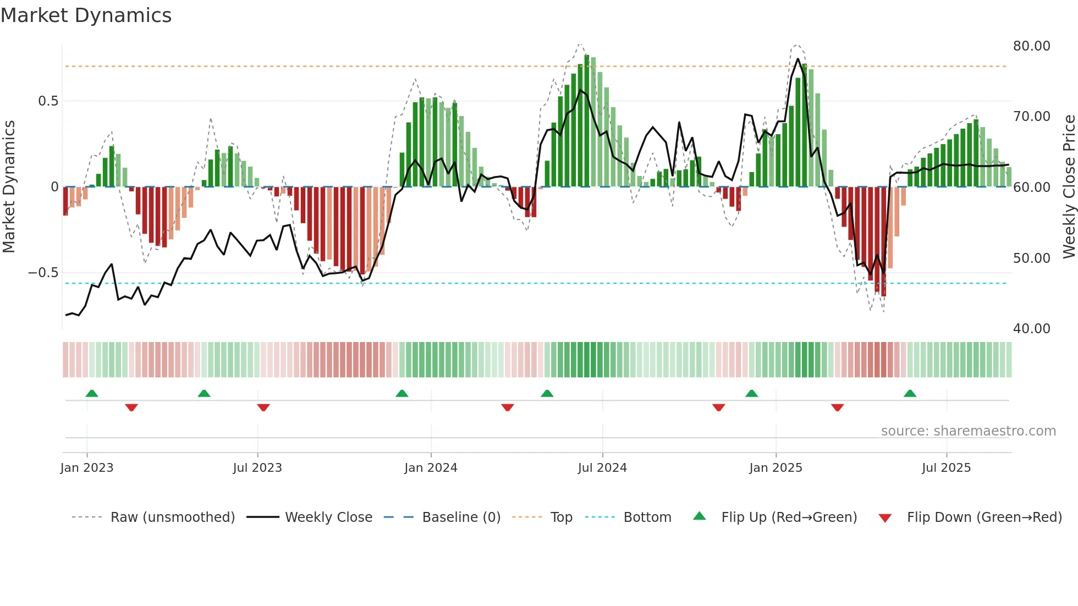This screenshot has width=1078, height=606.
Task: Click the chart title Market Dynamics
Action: (x=86, y=15)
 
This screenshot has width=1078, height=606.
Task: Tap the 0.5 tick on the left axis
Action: (x=48, y=101)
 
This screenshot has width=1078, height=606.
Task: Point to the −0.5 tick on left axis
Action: (x=43, y=273)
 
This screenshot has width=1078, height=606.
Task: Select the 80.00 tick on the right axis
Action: (x=1031, y=46)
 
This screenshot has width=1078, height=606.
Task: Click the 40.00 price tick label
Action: (x=1031, y=329)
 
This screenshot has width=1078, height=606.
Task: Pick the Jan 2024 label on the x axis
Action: (x=431, y=468)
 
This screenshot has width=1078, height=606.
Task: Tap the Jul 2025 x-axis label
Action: (x=946, y=468)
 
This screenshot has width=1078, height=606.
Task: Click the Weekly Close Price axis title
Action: (x=1069, y=187)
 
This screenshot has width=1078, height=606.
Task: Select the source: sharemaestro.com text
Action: (x=968, y=431)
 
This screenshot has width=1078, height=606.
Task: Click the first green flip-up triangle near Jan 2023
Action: (x=92, y=393)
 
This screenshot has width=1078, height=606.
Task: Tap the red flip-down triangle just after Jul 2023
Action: (x=263, y=407)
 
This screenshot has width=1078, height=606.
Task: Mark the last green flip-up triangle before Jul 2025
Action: (x=910, y=393)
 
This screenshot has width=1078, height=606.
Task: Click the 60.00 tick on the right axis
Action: (x=1031, y=188)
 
